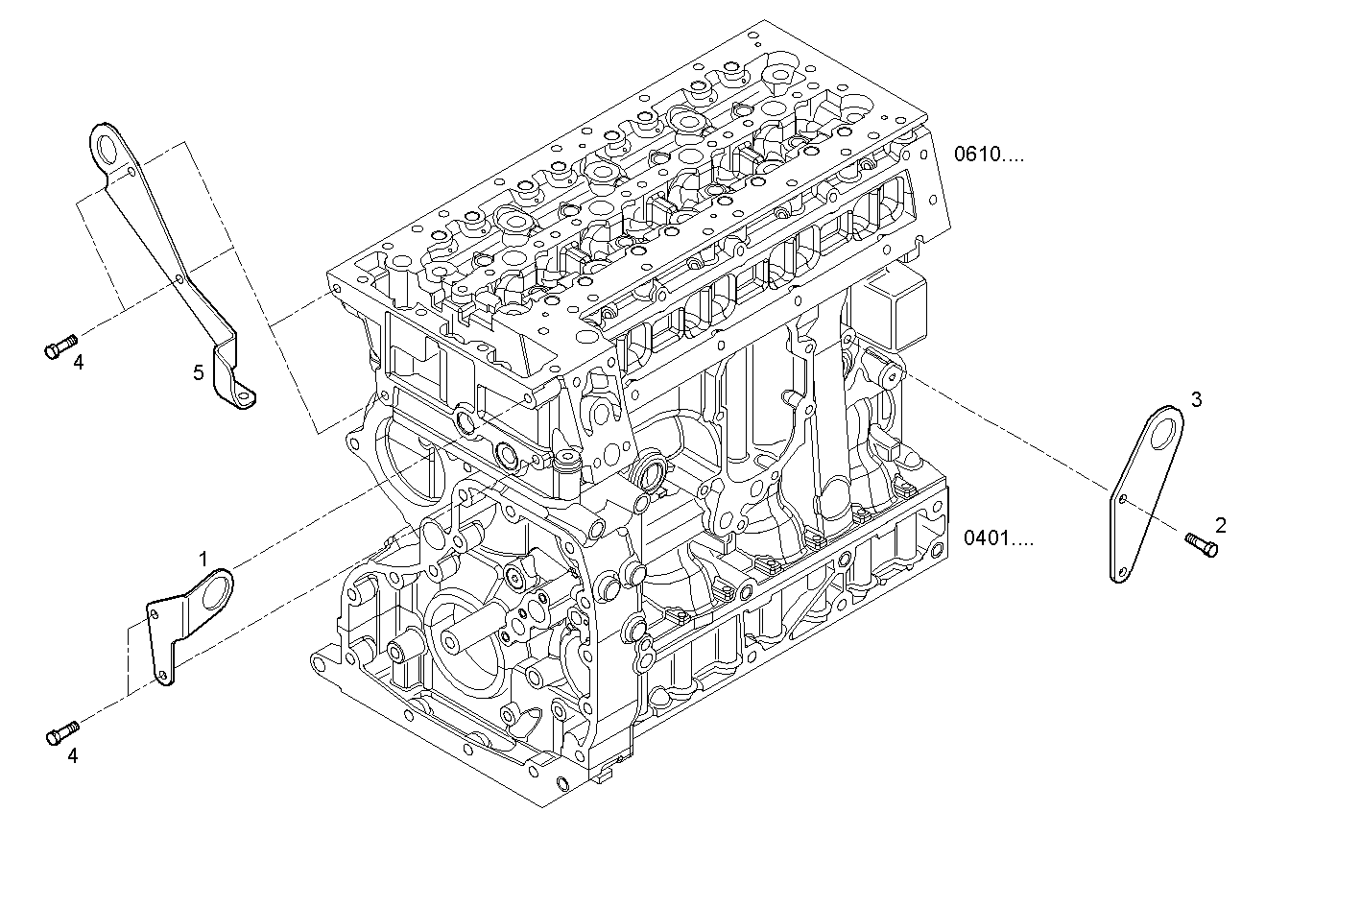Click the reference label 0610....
pyautogui.click(x=988, y=154)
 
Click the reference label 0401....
pyautogui.click(x=998, y=538)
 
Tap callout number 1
pyautogui.click(x=203, y=558)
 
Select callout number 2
pyautogui.click(x=1220, y=525)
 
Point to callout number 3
pyautogui.click(x=1195, y=399)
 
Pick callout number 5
pyautogui.click(x=198, y=372)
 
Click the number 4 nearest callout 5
pyautogui.click(x=79, y=362)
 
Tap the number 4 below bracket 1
pyautogui.click(x=72, y=755)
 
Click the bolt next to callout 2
pyautogui.click(x=1202, y=544)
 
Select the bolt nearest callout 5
pyautogui.click(x=60, y=347)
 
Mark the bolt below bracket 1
pyautogui.click(x=60, y=734)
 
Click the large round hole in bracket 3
pyautogui.click(x=1165, y=431)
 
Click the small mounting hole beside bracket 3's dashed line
pyautogui.click(x=1123, y=499)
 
